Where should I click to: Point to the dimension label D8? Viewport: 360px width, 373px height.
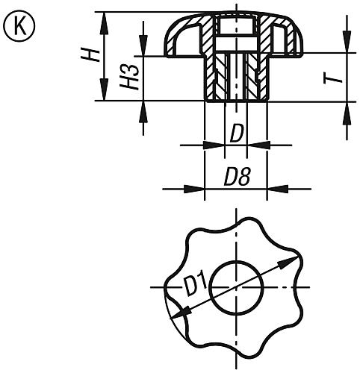(236, 178)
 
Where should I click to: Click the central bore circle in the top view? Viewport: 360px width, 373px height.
(236, 286)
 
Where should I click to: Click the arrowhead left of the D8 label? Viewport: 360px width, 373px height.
(197, 188)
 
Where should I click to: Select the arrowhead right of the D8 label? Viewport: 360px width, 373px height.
(273, 188)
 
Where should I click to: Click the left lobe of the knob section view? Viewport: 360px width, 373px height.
(178, 42)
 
